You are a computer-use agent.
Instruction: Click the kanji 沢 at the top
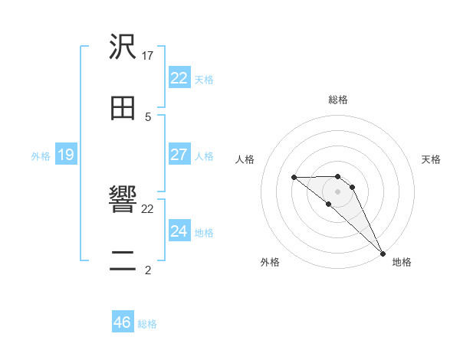click(x=123, y=48)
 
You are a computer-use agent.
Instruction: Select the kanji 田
click(x=123, y=109)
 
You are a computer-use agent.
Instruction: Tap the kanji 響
click(x=123, y=201)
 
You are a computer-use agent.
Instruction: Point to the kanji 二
click(x=123, y=261)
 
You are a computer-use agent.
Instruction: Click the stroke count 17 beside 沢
click(x=148, y=55)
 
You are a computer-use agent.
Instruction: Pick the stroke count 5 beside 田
click(x=148, y=116)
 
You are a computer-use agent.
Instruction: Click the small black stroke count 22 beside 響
click(x=148, y=208)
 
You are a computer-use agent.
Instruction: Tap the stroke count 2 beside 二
click(x=148, y=270)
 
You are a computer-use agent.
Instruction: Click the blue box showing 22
click(x=179, y=78)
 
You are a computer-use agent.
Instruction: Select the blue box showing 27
click(x=179, y=155)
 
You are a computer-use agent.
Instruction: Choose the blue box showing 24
click(x=179, y=231)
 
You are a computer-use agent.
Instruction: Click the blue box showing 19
click(x=65, y=155)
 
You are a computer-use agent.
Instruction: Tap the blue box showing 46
click(x=122, y=322)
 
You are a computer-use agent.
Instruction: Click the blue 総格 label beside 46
click(x=147, y=324)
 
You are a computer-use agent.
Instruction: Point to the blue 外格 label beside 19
click(x=41, y=156)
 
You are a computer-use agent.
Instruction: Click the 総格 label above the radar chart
click(x=338, y=100)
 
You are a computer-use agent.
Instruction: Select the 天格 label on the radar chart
click(x=432, y=159)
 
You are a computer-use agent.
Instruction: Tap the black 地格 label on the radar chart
click(x=402, y=263)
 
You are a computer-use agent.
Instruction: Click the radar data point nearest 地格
click(x=382, y=253)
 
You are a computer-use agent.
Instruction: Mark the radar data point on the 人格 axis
click(x=294, y=178)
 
